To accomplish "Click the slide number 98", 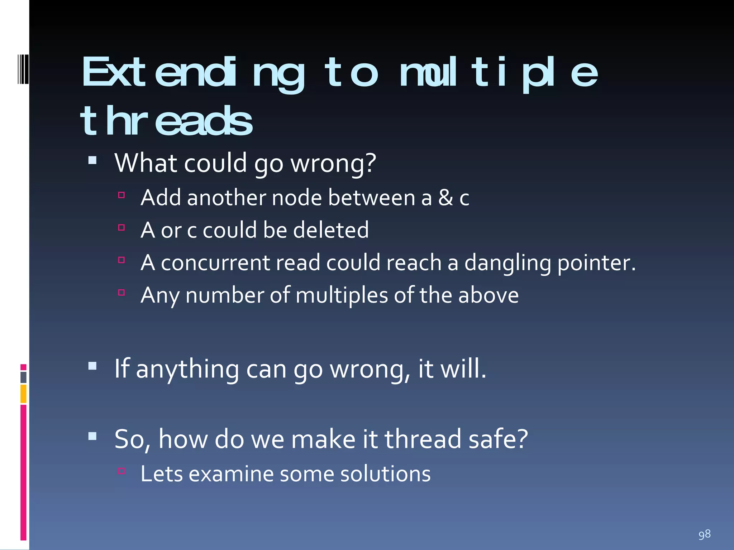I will point(704,534).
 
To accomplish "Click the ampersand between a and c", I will point(445,198).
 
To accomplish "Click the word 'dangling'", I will point(507,263).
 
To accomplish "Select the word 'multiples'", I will point(342,295).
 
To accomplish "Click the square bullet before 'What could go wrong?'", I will point(92,160).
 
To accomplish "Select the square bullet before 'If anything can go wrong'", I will point(92,366).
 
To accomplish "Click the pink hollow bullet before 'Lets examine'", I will point(121,471).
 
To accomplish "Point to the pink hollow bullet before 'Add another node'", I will point(121,195).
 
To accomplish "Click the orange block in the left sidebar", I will point(24,394).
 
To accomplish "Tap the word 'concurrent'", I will point(215,263).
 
